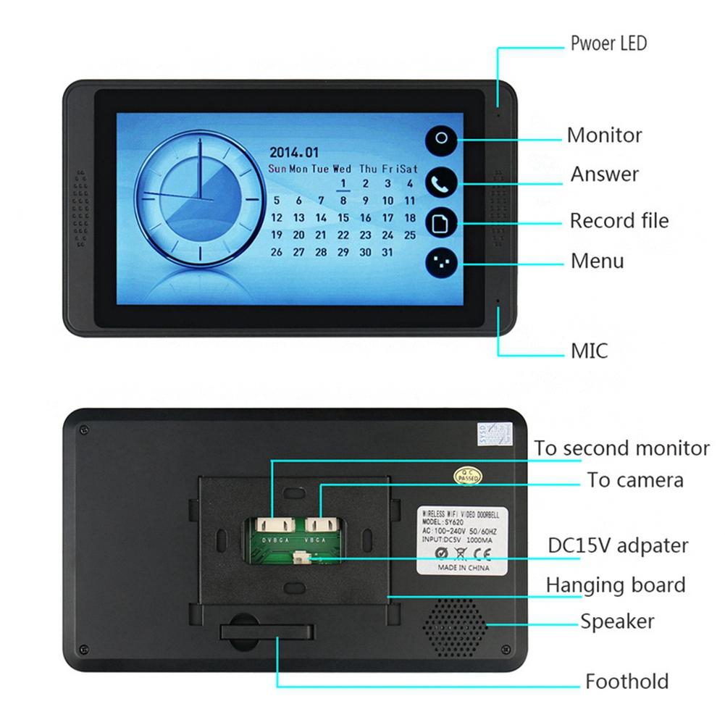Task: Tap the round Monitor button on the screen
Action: [442, 140]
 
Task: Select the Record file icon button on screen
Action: [442, 222]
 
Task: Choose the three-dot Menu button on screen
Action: [442, 264]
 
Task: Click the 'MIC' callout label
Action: [589, 352]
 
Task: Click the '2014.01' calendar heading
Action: [294, 153]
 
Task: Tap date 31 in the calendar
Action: [387, 253]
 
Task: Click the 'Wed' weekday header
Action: [343, 169]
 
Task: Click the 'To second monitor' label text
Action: [622, 448]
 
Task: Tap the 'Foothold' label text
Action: [626, 682]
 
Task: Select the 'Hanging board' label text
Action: [615, 584]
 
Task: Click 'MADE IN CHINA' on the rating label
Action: [464, 568]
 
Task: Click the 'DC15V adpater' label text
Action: [618, 545]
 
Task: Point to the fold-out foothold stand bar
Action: [268, 632]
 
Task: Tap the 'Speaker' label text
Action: [617, 621]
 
